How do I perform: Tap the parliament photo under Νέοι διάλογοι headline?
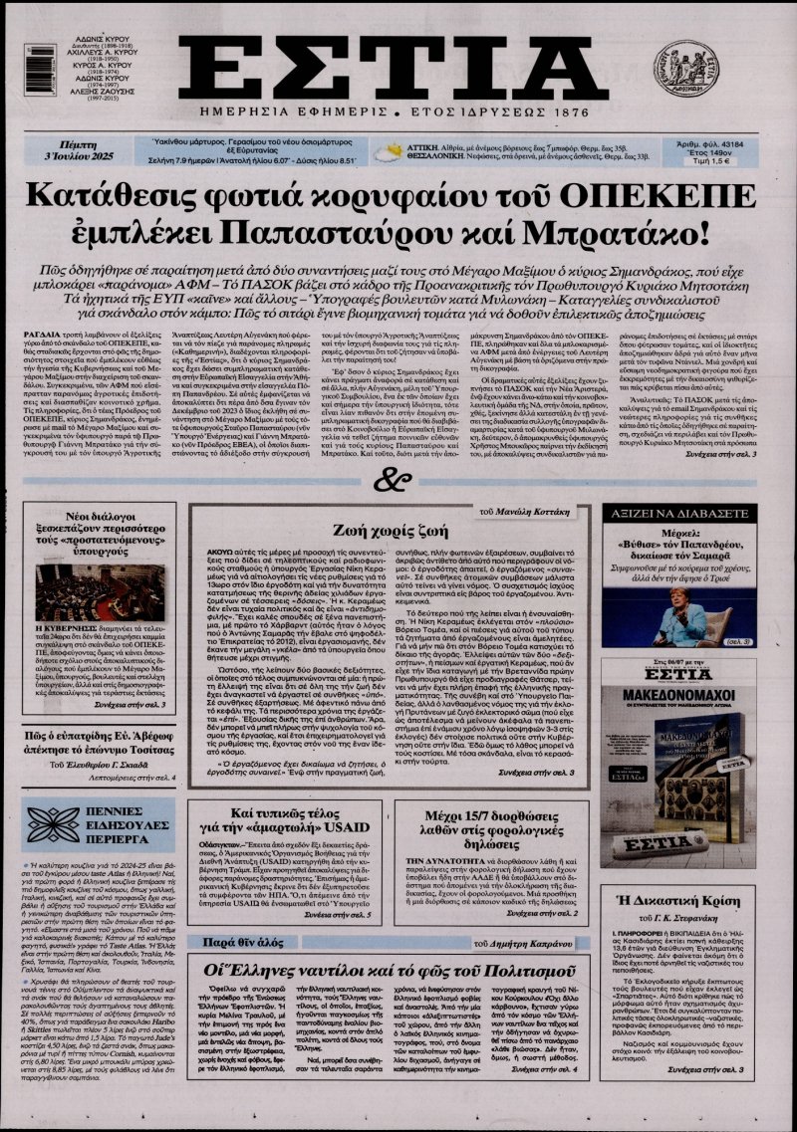point(101,593)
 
